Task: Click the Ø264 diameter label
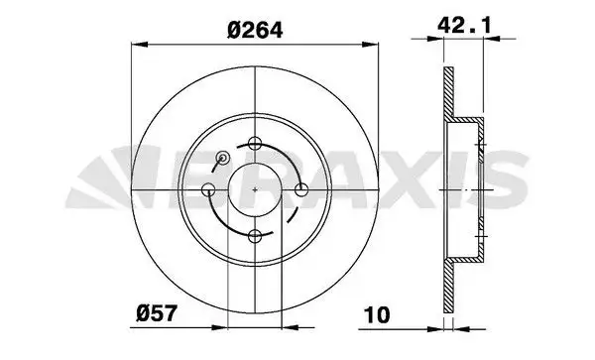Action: (255, 30)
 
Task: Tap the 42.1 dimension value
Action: (464, 26)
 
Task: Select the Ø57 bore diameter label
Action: (157, 314)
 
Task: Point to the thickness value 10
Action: (377, 315)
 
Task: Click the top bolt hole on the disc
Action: (255, 143)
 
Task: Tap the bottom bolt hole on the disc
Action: (255, 236)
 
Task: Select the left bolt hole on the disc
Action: (208, 189)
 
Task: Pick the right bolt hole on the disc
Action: (301, 189)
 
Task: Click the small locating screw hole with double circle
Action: (222, 158)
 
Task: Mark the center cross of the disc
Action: (255, 189)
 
